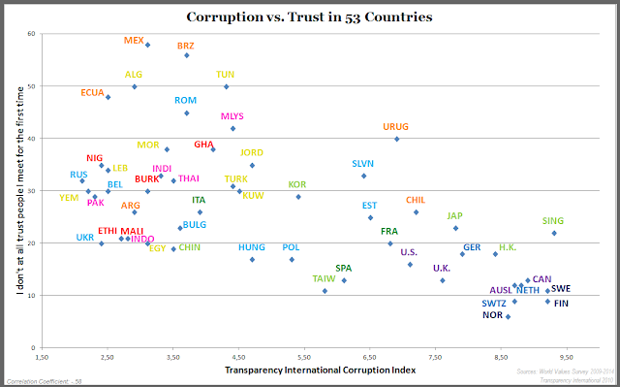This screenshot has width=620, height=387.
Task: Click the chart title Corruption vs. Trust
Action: pyautogui.click(x=310, y=16)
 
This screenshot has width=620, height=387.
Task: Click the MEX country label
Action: pyautogui.click(x=135, y=41)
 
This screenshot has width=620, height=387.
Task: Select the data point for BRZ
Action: pyautogui.click(x=187, y=55)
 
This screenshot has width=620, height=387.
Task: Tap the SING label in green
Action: pyautogui.click(x=554, y=221)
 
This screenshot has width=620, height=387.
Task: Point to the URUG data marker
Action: pyautogui.click(x=396, y=139)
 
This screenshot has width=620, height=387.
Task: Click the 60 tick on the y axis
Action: pyautogui.click(x=31, y=34)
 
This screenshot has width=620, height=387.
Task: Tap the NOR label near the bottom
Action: pyautogui.click(x=492, y=315)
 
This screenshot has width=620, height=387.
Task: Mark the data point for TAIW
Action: pyautogui.click(x=325, y=291)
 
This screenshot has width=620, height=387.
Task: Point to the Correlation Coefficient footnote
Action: pyautogui.click(x=44, y=380)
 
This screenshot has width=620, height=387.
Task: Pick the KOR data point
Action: pyautogui.click(x=298, y=197)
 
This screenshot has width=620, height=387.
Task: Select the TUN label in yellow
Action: pyautogui.click(x=225, y=74)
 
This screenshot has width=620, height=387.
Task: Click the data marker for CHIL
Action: pyautogui.click(x=416, y=212)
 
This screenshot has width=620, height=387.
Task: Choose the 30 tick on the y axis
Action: pyautogui.click(x=31, y=191)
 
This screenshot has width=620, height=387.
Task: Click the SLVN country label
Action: pyautogui.click(x=362, y=164)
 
